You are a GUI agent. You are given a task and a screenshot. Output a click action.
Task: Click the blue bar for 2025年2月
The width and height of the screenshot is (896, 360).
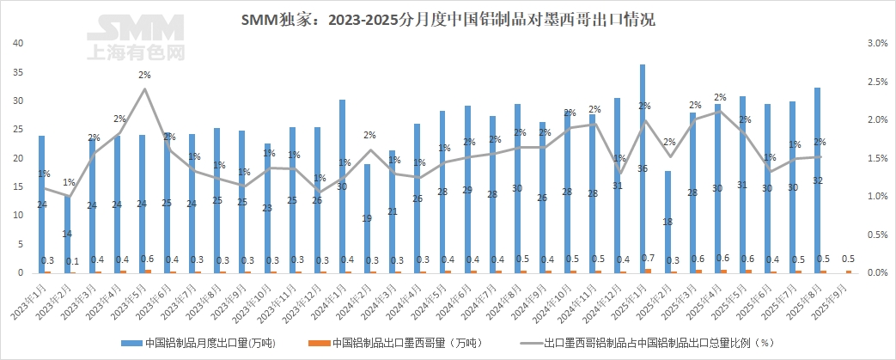click(667, 222)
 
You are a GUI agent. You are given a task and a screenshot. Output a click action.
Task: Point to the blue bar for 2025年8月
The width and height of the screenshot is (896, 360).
click(818, 180)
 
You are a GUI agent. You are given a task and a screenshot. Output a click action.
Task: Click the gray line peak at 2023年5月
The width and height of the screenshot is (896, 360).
click(144, 88)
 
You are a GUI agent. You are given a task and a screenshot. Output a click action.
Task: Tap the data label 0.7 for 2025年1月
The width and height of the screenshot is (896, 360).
click(647, 258)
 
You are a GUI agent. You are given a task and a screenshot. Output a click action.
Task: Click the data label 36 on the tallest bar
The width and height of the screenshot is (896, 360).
click(643, 168)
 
